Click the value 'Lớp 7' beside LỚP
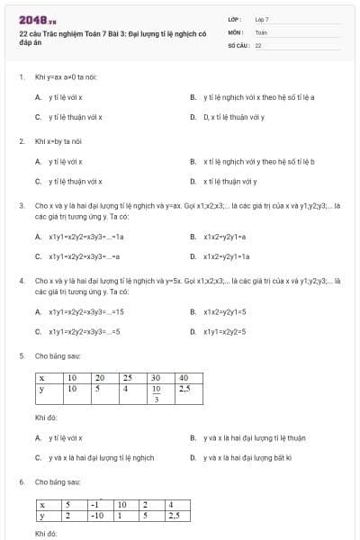[262, 19]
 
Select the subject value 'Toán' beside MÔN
[261, 31]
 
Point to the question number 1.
[21, 77]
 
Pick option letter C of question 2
[38, 181]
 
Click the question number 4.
[21, 281]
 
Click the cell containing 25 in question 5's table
[128, 377]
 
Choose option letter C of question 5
[38, 458]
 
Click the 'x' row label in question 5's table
[42, 377]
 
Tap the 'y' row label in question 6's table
[42, 517]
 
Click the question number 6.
[21, 482]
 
